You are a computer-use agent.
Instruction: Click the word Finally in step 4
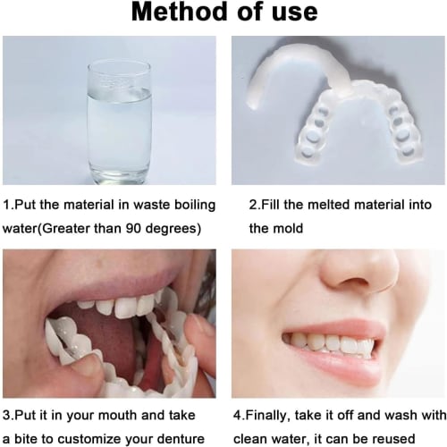click(x=274, y=415)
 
